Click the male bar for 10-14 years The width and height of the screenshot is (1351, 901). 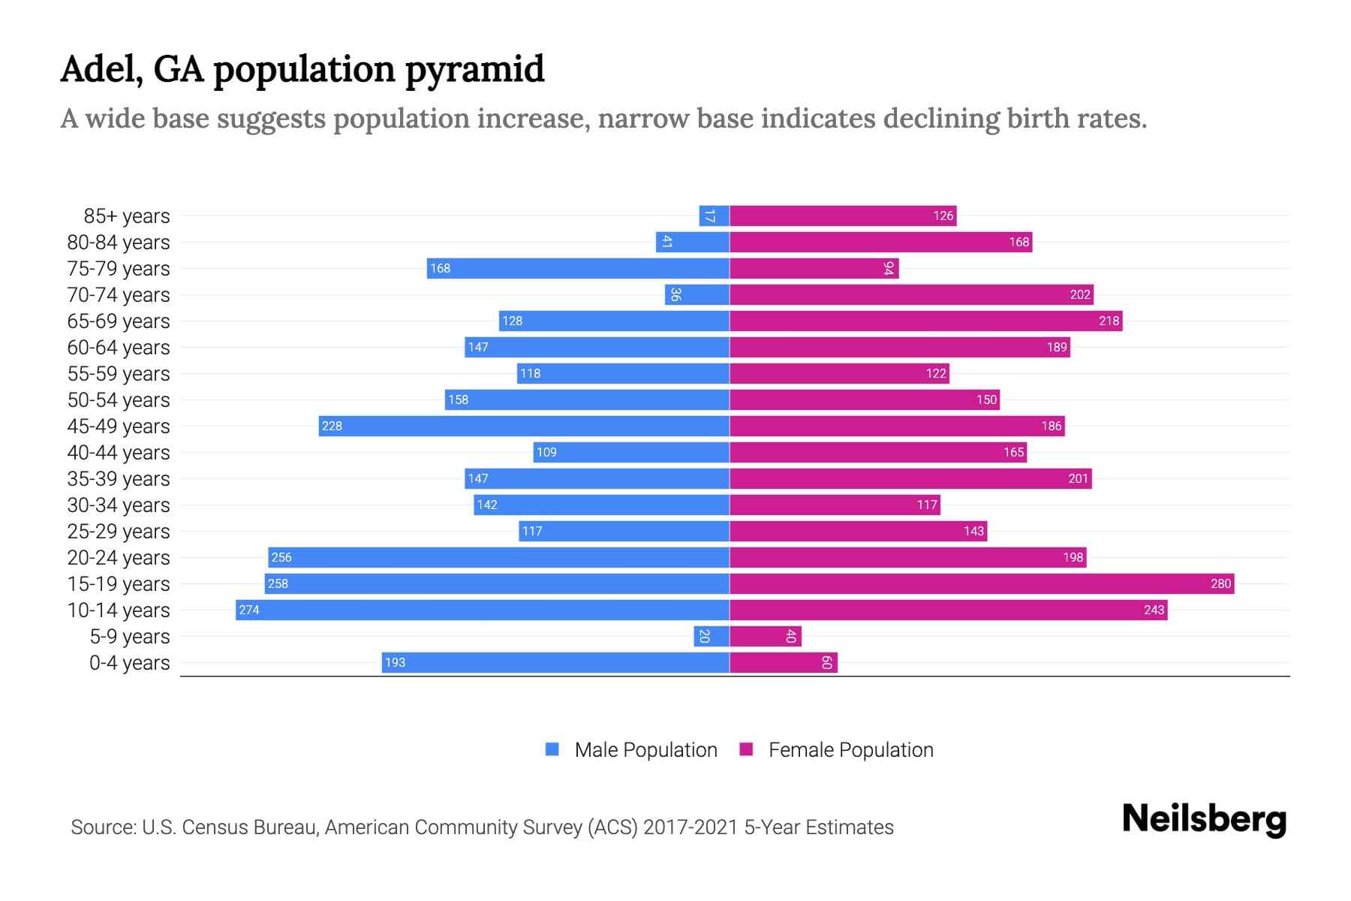(483, 610)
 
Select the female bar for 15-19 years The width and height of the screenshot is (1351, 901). (982, 583)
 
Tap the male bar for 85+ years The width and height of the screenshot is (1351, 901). (714, 216)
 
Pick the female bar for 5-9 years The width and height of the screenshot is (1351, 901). (766, 637)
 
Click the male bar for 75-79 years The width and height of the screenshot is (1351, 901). (578, 268)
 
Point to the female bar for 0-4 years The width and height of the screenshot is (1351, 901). (783, 662)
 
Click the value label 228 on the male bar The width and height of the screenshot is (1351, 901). (332, 426)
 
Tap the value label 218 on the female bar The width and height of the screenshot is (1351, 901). (1109, 321)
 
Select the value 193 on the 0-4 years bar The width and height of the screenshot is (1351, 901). (395, 662)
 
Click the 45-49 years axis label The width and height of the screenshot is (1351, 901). (119, 426)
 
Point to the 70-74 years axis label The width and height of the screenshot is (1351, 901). (119, 295)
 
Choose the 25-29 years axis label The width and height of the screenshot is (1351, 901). (119, 532)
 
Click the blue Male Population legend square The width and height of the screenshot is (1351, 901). (552, 749)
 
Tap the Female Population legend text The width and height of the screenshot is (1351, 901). (850, 749)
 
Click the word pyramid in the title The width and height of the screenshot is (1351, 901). (474, 69)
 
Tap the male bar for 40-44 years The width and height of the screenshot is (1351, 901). (631, 452)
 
